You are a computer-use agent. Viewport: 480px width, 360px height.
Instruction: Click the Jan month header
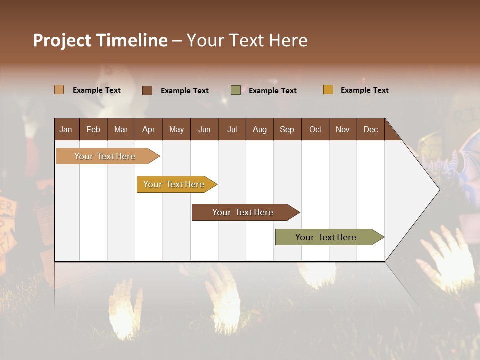(x=66, y=129)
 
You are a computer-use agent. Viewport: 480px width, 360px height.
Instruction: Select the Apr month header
(x=148, y=129)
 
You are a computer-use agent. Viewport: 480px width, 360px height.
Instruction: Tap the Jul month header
(x=232, y=129)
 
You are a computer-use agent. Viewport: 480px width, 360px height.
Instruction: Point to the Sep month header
(x=287, y=129)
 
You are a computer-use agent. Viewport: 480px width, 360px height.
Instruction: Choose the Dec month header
(x=370, y=129)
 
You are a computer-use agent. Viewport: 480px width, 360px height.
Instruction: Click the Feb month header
(x=93, y=129)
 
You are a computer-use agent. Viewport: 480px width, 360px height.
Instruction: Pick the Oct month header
(x=315, y=129)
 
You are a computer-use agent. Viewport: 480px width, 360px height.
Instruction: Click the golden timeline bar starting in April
(x=175, y=184)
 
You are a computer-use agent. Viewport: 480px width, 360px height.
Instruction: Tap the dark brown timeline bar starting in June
(x=244, y=212)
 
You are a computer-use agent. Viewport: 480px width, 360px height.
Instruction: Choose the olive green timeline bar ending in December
(x=327, y=237)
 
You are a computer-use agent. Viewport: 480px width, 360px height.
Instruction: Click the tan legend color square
(x=59, y=90)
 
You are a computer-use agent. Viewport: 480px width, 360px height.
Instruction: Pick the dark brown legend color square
(x=147, y=90)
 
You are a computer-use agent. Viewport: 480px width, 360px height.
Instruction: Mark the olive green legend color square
(x=235, y=90)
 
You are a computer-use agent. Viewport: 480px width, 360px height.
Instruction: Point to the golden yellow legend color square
(x=328, y=90)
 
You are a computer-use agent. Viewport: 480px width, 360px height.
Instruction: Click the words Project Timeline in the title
(x=100, y=40)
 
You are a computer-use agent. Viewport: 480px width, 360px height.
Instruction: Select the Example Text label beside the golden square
(x=364, y=90)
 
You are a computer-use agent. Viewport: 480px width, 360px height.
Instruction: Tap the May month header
(x=176, y=129)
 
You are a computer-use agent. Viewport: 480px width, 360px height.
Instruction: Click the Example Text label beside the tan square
(x=97, y=90)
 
